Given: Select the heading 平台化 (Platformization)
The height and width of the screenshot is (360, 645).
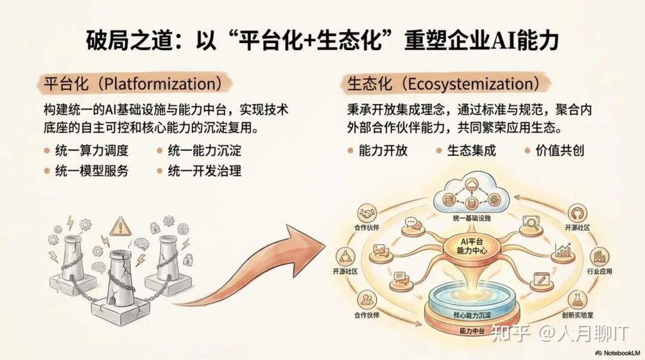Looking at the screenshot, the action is pyautogui.click(x=136, y=84).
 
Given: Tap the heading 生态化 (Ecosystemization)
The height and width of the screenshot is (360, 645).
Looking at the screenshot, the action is pyautogui.click(x=446, y=84).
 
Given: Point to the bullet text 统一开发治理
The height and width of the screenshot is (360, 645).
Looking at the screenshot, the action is pyautogui.click(x=204, y=171).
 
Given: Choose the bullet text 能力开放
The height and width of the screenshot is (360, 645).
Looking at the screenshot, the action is pyautogui.click(x=383, y=150).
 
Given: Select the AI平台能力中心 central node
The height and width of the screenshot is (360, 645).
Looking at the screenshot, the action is pyautogui.click(x=468, y=246).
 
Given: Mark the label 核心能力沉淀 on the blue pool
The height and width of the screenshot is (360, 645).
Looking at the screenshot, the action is pyautogui.click(x=468, y=315).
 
